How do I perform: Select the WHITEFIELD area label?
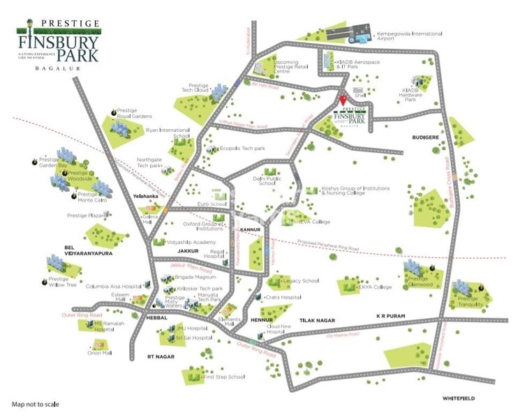pyautogui.click(x=458, y=398)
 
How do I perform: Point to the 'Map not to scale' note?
pyautogui.click(x=35, y=404)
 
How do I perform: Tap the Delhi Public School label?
pyautogui.click(x=264, y=182)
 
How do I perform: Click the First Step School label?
pyautogui.click(x=223, y=377)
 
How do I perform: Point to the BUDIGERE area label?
pyautogui.click(x=425, y=137)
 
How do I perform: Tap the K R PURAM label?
pyautogui.click(x=390, y=315)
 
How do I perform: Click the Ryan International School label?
pyautogui.click(x=168, y=133)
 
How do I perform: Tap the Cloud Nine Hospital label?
pyautogui.click(x=274, y=329)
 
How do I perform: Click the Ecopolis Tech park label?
pyautogui.click(x=243, y=149)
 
